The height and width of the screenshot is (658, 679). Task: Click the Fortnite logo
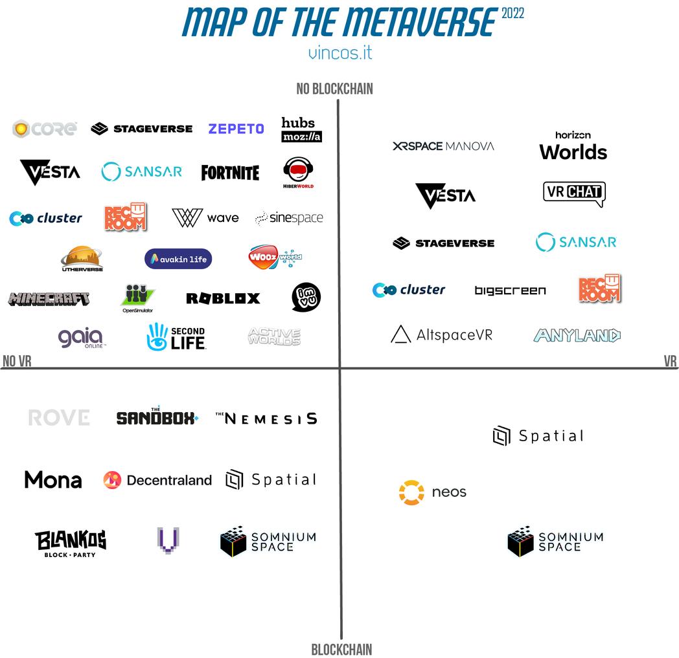click(x=230, y=173)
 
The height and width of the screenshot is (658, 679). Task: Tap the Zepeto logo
click(x=236, y=129)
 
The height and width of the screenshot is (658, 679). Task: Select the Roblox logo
click(x=223, y=298)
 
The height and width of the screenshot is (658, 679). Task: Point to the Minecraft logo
click(x=49, y=299)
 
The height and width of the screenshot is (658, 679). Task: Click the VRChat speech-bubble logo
click(x=574, y=192)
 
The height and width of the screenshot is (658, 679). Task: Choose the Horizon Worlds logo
click(x=573, y=146)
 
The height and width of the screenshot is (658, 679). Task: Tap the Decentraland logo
click(x=157, y=480)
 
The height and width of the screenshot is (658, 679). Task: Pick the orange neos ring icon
click(x=411, y=492)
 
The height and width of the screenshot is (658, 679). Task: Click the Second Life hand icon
click(x=157, y=337)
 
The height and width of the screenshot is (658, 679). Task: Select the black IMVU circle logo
click(x=306, y=297)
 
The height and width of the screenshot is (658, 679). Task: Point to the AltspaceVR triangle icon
click(x=400, y=334)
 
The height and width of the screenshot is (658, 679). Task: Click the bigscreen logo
click(x=510, y=291)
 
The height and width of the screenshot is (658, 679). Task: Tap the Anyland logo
click(x=577, y=335)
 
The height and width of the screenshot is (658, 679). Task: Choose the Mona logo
click(x=53, y=480)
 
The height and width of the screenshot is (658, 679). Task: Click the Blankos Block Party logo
click(x=71, y=543)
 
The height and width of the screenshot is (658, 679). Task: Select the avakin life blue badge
click(x=178, y=259)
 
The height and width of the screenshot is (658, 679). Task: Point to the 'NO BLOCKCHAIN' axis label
click(x=334, y=89)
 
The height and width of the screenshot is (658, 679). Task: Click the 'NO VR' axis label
click(x=17, y=362)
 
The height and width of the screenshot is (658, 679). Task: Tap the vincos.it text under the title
click(x=340, y=52)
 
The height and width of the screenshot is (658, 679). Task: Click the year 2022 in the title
click(x=512, y=14)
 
